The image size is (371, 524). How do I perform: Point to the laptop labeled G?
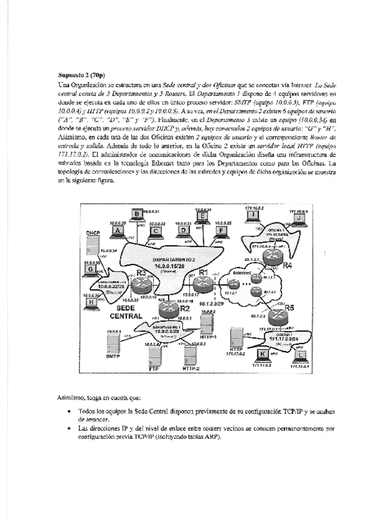pos(92,269)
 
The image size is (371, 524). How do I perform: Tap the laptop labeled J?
pos(299,218)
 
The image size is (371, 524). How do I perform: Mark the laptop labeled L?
pos(301,355)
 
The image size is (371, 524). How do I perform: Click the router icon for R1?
pos(201,284)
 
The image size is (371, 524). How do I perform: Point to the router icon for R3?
pos(143,284)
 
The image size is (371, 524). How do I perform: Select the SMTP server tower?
pos(113,340)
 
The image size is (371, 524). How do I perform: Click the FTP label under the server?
pos(155,369)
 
